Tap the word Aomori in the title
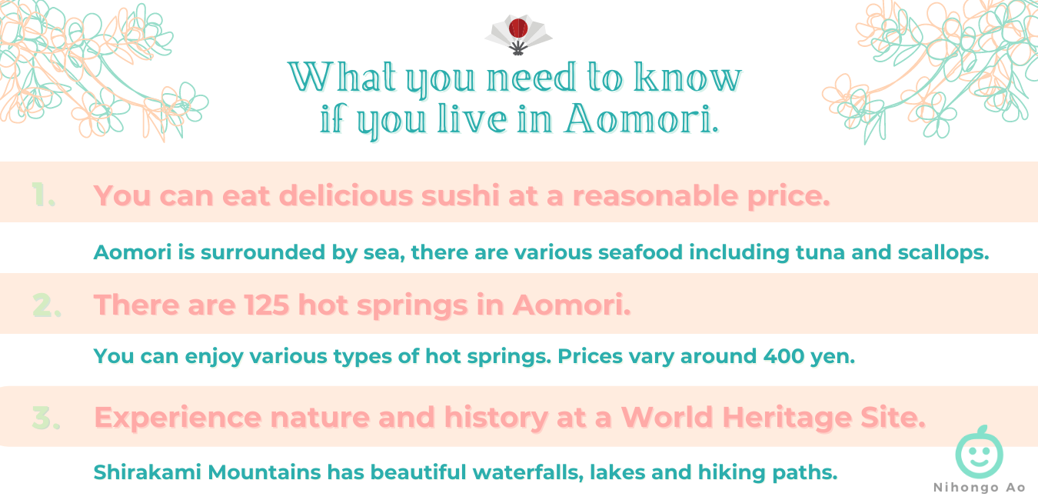(x=642, y=118)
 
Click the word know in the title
(x=687, y=77)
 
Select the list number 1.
(x=44, y=195)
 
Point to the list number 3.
(x=46, y=418)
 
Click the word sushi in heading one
(x=460, y=195)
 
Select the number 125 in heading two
(x=267, y=305)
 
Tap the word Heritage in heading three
(x=787, y=418)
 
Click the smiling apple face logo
(x=979, y=452)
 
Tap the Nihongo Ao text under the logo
(x=979, y=488)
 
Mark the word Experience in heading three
(x=178, y=418)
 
